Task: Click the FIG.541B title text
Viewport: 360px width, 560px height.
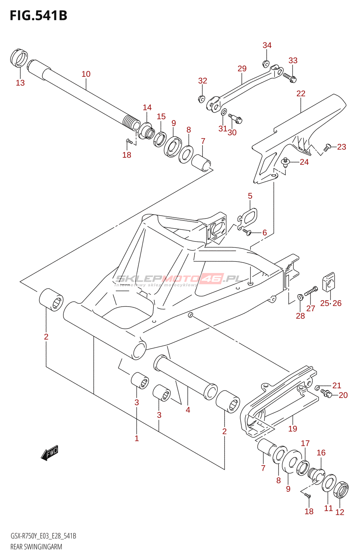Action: pos(39,15)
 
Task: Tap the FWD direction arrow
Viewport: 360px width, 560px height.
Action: pos(49,453)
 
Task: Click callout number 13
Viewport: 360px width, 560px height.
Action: pos(20,83)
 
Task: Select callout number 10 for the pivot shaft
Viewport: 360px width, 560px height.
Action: pos(86,74)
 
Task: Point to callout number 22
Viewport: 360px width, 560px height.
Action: pos(301,93)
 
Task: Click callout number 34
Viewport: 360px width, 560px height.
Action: pos(267,45)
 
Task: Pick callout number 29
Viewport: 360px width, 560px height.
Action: pos(242,69)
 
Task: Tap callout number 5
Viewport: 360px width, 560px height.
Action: pos(250,196)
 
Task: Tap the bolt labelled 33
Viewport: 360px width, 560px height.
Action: pos(290,77)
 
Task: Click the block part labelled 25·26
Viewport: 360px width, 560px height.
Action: pos(328,281)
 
